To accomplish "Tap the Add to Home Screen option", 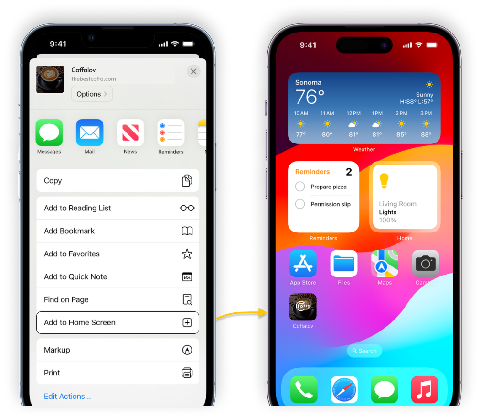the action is (118, 322).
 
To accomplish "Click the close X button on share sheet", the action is (193, 72).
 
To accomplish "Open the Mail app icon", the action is (90, 132).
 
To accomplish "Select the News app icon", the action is (130, 132).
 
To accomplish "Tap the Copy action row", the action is (118, 181).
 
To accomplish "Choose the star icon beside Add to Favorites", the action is (187, 254).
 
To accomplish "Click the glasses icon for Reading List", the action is (187, 208).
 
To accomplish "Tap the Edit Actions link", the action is (67, 396).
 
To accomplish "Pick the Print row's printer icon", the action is (187, 373).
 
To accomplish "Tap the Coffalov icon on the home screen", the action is (303, 307).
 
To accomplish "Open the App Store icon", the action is (303, 264).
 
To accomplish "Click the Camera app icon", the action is (426, 264).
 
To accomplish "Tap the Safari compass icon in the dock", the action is (344, 389).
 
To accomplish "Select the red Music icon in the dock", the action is (425, 389).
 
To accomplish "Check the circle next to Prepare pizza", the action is (300, 187).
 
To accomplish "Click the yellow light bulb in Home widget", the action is (384, 181).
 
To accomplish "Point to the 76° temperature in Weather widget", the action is (310, 97).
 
